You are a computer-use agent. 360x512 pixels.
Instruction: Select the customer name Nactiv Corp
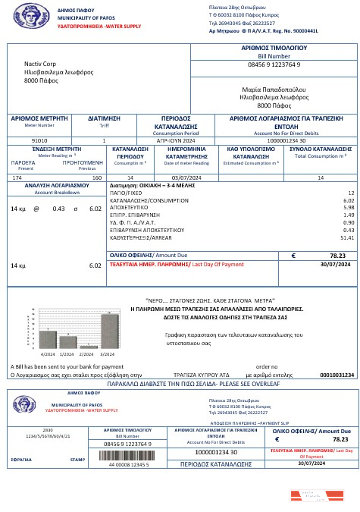pos(42,64)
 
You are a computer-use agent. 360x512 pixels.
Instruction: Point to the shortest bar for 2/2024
pos(89,347)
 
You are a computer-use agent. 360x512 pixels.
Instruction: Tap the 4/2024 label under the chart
pos(49,353)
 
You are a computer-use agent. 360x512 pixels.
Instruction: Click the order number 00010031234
pos(337,375)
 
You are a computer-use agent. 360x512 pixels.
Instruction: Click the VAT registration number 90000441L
pos(303,31)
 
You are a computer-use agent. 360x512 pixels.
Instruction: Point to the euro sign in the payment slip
pos(277,439)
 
